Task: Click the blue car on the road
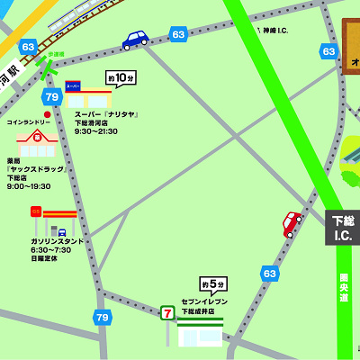[x=135, y=40]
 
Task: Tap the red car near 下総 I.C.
[x=292, y=222]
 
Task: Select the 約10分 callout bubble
[x=120, y=77]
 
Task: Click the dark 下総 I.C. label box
[x=342, y=227]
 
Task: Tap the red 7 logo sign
[x=166, y=312]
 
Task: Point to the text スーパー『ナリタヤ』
[x=106, y=114]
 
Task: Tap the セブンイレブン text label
[x=204, y=301]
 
